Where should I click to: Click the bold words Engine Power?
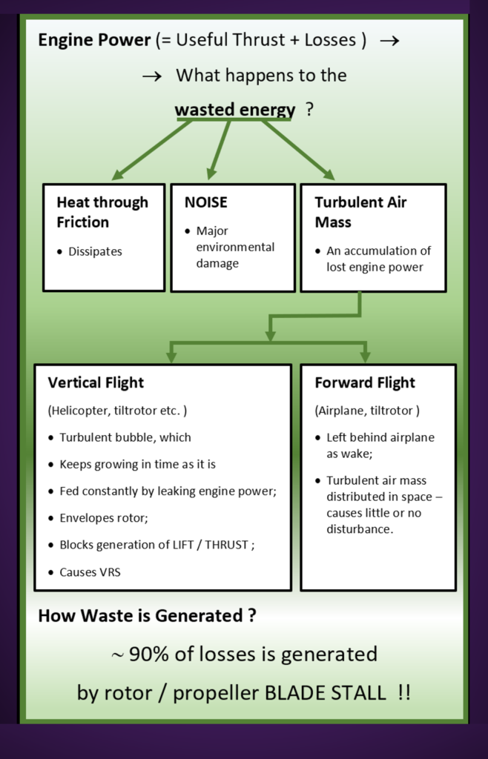[x=95, y=39]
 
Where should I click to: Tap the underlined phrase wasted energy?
[x=234, y=110]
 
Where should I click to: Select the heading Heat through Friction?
[x=102, y=212]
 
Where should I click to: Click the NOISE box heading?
[x=206, y=202]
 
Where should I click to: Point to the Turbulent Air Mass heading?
[x=360, y=212]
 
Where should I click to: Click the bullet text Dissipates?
[x=95, y=251]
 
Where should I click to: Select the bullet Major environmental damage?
[x=235, y=247]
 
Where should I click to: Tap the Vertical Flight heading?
[x=96, y=382]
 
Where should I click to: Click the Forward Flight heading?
[x=365, y=382]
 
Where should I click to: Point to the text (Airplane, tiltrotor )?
[x=367, y=410]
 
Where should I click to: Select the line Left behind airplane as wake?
[x=380, y=444]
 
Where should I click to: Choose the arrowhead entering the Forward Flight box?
[x=365, y=355]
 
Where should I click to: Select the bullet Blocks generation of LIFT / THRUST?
[x=167, y=545]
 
